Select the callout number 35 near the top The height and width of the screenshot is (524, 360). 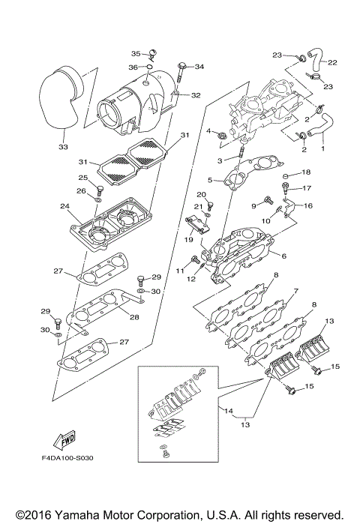tap(136, 53)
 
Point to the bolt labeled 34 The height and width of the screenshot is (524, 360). tap(181, 72)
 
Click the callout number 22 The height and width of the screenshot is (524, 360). tap(331, 62)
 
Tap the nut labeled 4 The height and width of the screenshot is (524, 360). tap(222, 134)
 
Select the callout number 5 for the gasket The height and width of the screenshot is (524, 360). tap(213, 181)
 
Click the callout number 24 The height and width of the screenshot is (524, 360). tap(64, 207)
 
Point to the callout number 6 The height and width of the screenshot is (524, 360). tap(283, 256)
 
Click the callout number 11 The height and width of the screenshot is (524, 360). tap(179, 269)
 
